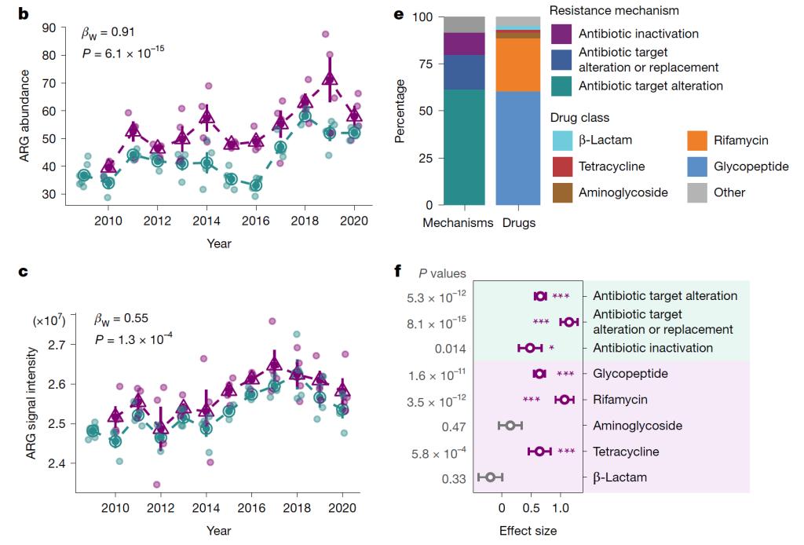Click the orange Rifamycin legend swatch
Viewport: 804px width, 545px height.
click(697, 141)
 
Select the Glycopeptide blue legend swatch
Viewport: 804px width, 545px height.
click(697, 166)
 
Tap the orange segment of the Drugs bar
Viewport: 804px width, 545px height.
click(518, 65)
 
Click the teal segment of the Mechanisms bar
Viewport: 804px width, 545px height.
click(464, 147)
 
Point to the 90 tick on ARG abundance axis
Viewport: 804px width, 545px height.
click(49, 27)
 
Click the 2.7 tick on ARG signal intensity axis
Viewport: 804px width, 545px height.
click(57, 345)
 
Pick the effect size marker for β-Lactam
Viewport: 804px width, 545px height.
click(490, 477)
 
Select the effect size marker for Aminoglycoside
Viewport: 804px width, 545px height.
click(510, 426)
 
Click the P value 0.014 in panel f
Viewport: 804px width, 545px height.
click(450, 349)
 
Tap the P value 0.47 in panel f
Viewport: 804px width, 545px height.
click(454, 427)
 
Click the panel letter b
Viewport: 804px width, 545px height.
click(24, 13)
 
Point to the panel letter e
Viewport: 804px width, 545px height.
click(399, 14)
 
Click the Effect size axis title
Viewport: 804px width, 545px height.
click(528, 531)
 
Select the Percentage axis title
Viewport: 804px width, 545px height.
click(400, 111)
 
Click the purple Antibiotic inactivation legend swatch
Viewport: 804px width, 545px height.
click(561, 34)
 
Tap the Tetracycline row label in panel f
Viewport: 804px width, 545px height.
click(626, 452)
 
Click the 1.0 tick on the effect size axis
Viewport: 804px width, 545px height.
click(561, 508)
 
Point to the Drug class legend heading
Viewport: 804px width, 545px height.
click(580, 118)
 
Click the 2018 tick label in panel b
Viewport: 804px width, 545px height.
click(305, 221)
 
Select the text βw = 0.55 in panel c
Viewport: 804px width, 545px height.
click(122, 319)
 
